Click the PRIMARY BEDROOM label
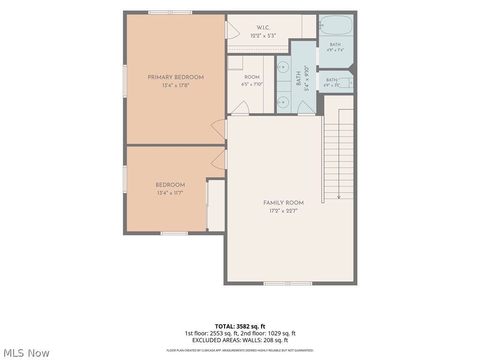pyautogui.click(x=176, y=77)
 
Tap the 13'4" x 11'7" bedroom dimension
pyautogui.click(x=170, y=193)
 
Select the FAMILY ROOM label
pyautogui.click(x=284, y=202)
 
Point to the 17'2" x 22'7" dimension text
pyautogui.click(x=284, y=211)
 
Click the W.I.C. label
pyautogui.click(x=263, y=28)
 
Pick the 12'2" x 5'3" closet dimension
pyautogui.click(x=263, y=36)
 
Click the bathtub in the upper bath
pyautogui.click(x=336, y=25)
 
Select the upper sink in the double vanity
pyautogui.click(x=284, y=67)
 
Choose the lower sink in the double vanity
pyautogui.click(x=284, y=101)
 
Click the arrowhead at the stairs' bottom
pyautogui.click(x=338, y=197)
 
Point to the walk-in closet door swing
pyautogui.click(x=232, y=30)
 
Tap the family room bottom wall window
pyautogui.click(x=288, y=284)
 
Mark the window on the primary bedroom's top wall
pyautogui.click(x=170, y=13)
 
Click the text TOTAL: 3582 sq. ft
pyautogui.click(x=240, y=326)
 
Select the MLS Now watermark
pyautogui.click(x=27, y=353)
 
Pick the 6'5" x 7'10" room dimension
pyautogui.click(x=252, y=84)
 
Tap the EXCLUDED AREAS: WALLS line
pyautogui.click(x=240, y=340)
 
